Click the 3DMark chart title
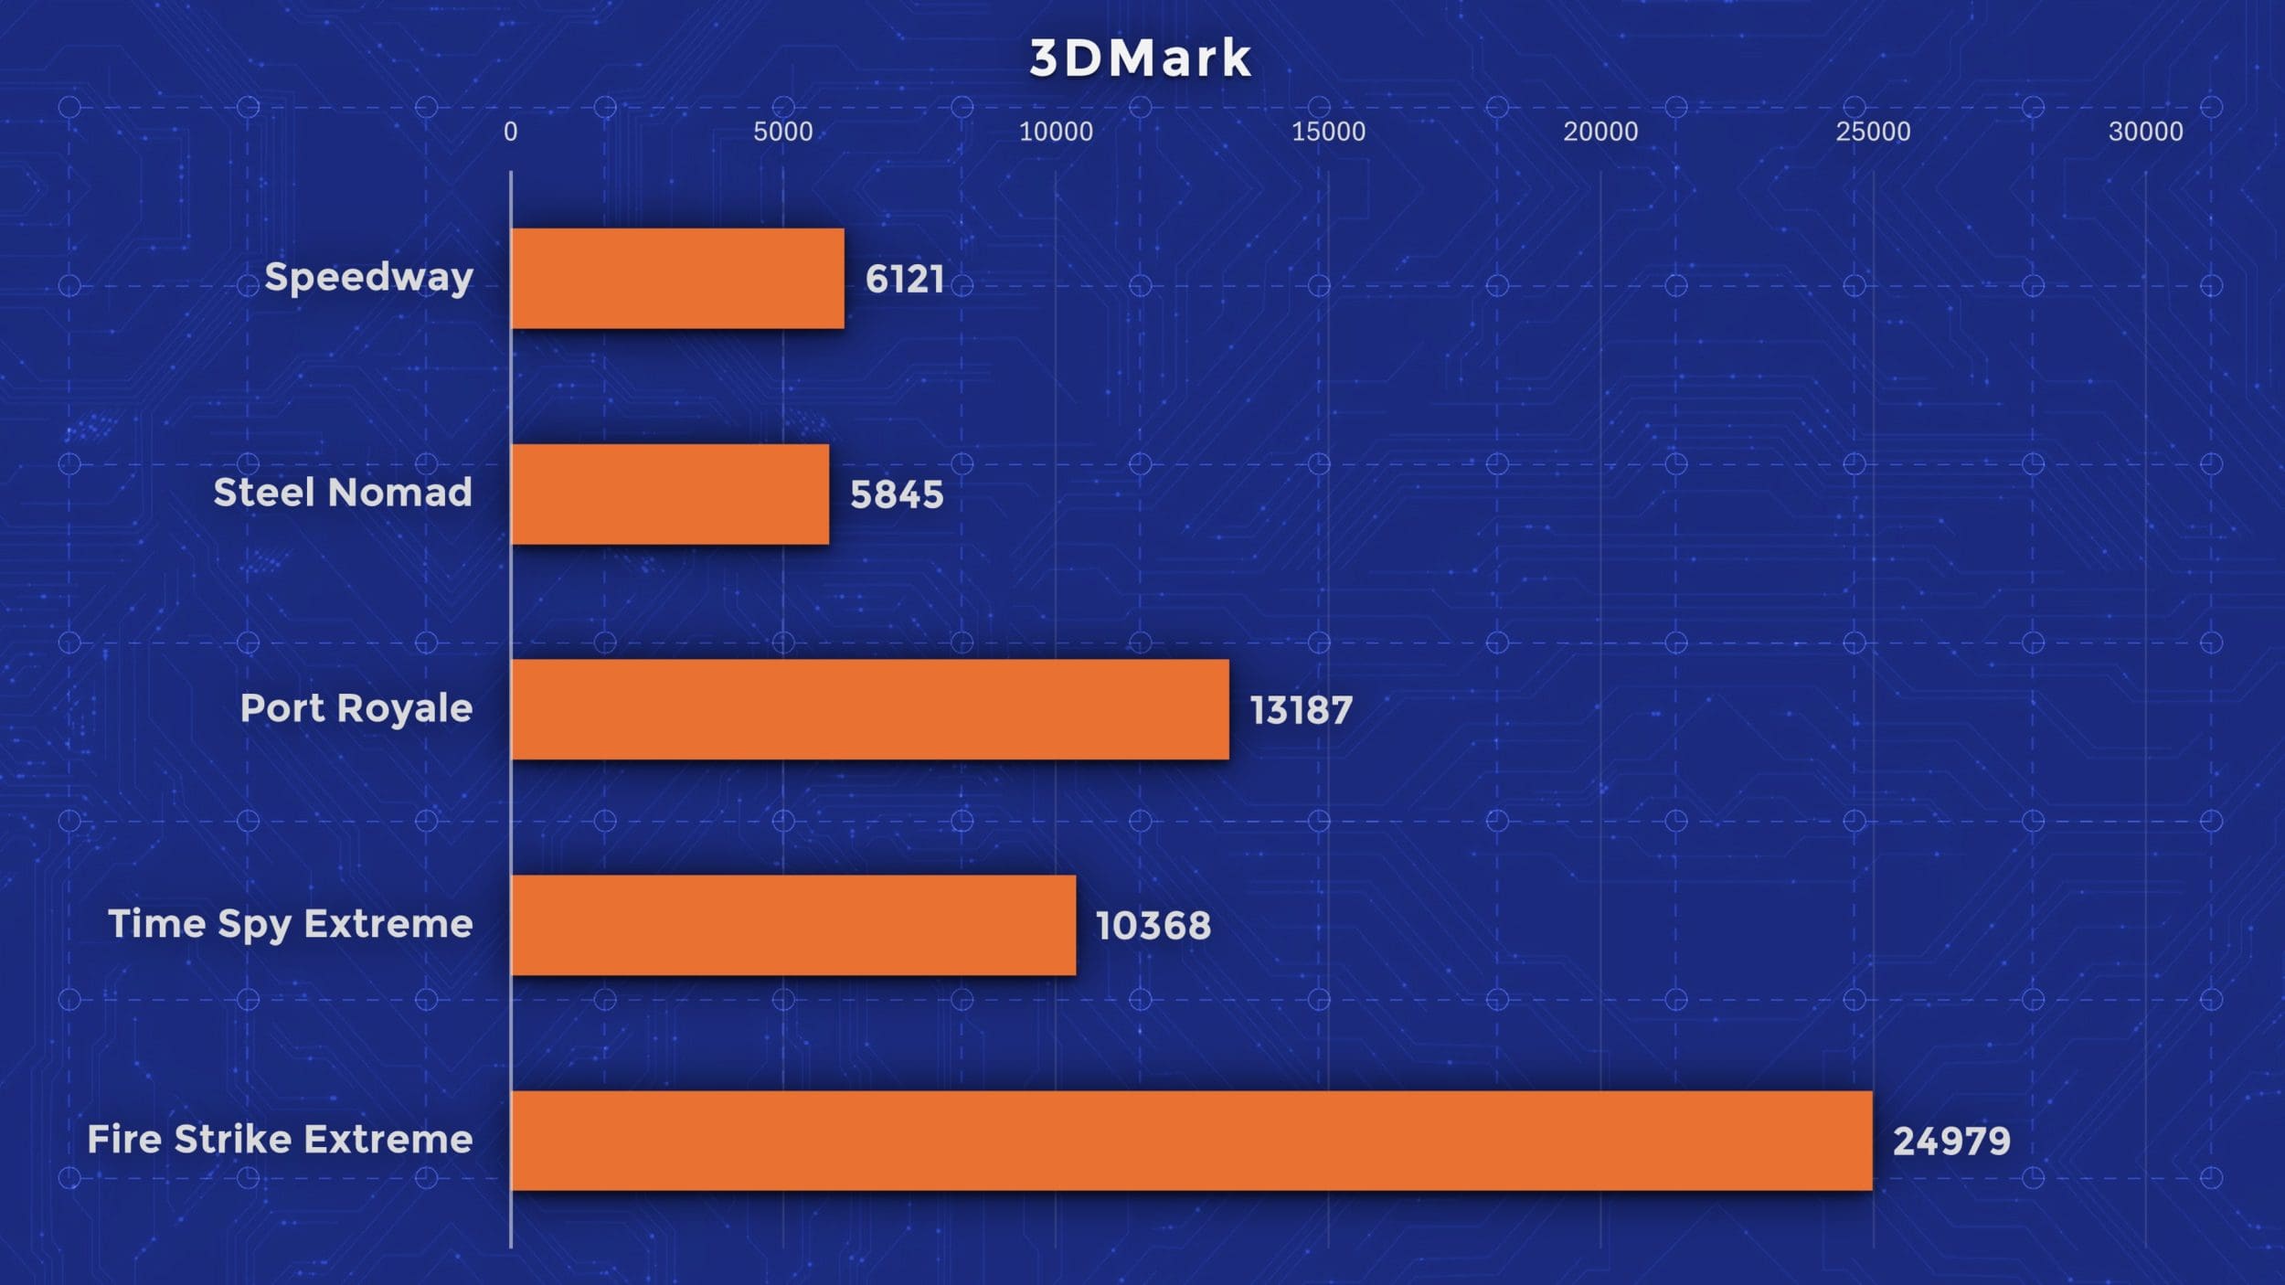click(x=1140, y=58)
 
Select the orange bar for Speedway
click(x=677, y=278)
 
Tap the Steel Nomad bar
click(x=670, y=494)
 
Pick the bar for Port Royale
click(x=870, y=709)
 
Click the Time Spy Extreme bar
click(x=793, y=925)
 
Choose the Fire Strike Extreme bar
click(x=1191, y=1141)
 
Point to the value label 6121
click(x=905, y=279)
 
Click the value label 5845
click(x=897, y=494)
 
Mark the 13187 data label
click(x=1301, y=710)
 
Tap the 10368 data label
click(x=1153, y=926)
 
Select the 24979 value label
click(x=1951, y=1142)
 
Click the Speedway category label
click(x=368, y=277)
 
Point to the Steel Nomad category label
click(x=343, y=493)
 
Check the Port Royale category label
click(x=356, y=708)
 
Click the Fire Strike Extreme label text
click(x=280, y=1140)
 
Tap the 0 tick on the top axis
click(x=510, y=132)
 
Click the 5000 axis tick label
click(x=782, y=132)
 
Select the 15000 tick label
click(x=1328, y=132)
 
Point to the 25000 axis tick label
click(x=1873, y=132)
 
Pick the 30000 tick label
click(x=2145, y=132)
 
